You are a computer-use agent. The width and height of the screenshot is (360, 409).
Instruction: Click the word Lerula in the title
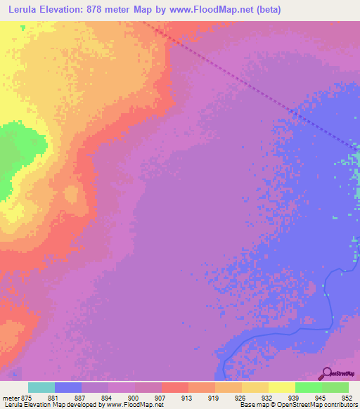pos(22,8)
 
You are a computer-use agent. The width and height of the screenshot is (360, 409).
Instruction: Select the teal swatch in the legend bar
pos(41,387)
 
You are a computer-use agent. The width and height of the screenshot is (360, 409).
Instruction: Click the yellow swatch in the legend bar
pos(281,387)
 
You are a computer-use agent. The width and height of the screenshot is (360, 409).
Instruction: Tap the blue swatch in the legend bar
pos(68,387)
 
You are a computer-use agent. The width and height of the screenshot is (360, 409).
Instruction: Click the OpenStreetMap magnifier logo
pos(326,374)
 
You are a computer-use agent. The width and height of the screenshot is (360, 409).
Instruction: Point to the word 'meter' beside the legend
pos(11,398)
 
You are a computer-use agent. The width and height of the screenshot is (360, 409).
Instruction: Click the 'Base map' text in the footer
pos(254,405)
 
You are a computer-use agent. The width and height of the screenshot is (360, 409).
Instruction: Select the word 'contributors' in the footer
pos(340,405)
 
